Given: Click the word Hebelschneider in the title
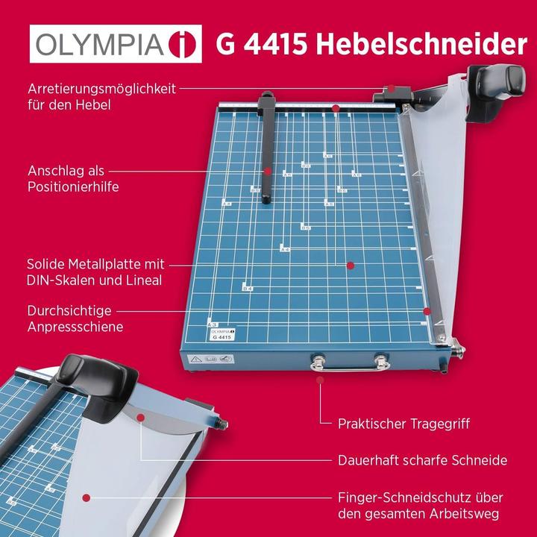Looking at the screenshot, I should pyautogui.click(x=421, y=44).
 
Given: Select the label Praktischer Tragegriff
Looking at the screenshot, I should pyautogui.click(x=403, y=424).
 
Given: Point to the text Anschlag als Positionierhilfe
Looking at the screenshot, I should pyautogui.click(x=73, y=178).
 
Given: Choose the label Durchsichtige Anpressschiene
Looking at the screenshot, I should pyautogui.click(x=75, y=318).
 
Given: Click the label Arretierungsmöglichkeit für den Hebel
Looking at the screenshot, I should pyautogui.click(x=101, y=96).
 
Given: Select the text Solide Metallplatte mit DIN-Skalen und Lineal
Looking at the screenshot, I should pyautogui.click(x=95, y=272).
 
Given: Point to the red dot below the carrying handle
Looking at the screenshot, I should pyautogui.click(x=321, y=380).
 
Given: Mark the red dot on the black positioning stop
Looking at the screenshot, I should pyautogui.click(x=267, y=171).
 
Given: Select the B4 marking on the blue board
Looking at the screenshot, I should pyautogui.click(x=248, y=287).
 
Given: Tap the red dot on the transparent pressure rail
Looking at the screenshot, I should pyautogui.click(x=427, y=311).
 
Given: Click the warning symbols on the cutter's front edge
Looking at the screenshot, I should pyautogui.click(x=213, y=359).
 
